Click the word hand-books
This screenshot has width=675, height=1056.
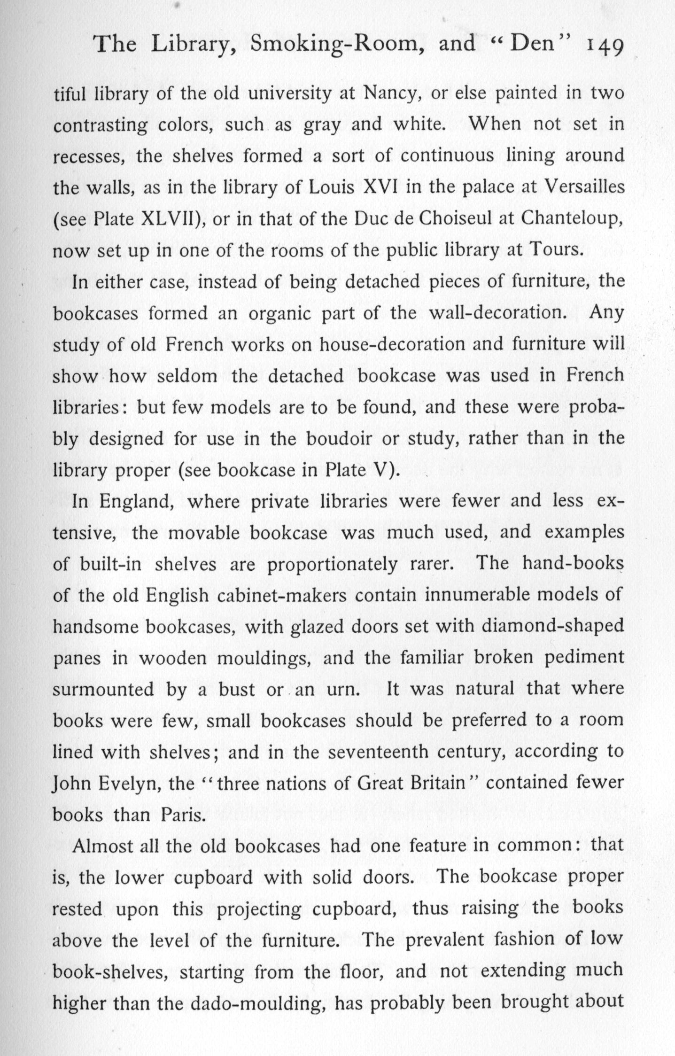pyautogui.click(x=573, y=564)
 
